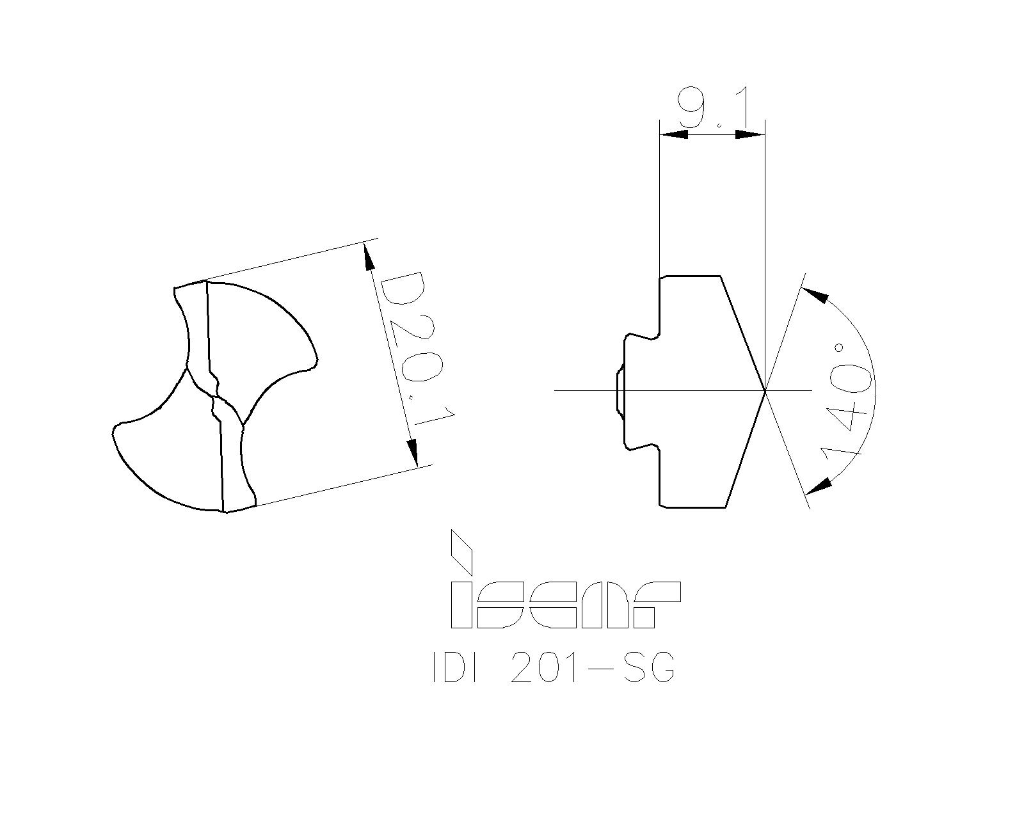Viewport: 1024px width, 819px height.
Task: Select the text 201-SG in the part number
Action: (592, 669)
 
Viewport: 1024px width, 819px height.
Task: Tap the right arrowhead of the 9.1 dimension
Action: (750, 134)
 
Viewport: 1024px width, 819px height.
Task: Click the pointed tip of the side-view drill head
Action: (764, 390)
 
